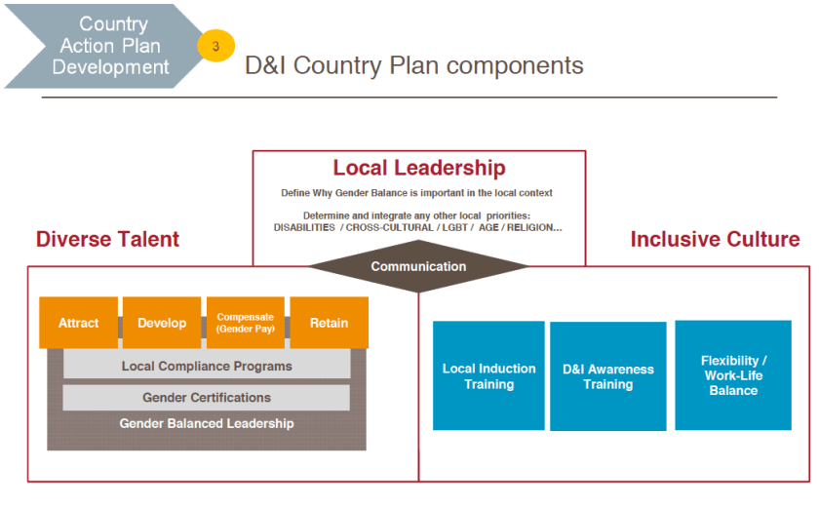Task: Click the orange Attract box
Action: click(78, 323)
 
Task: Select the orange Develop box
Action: click(162, 323)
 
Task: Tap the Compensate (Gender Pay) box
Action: click(246, 323)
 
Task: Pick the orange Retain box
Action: click(330, 323)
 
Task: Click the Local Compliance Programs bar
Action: click(207, 367)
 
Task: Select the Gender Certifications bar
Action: click(207, 398)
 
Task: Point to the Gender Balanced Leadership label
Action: click(207, 424)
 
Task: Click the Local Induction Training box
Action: click(488, 376)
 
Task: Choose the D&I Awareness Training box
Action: click(608, 376)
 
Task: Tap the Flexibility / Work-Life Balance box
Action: click(733, 375)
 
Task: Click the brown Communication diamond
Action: click(418, 266)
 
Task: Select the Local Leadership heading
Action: click(419, 169)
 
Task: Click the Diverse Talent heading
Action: click(107, 240)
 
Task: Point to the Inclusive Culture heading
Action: click(715, 240)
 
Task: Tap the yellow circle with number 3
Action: click(215, 46)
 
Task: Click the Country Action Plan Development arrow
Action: click(102, 46)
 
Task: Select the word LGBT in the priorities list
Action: click(449, 227)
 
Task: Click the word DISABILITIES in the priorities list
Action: click(305, 227)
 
